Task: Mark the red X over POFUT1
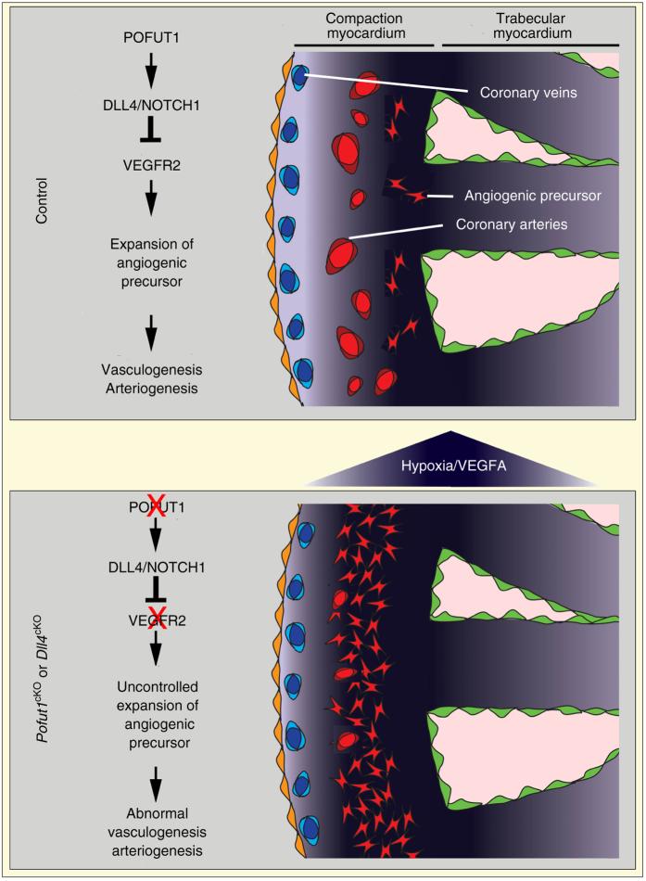coord(156,506)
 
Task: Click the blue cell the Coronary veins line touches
coord(299,74)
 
